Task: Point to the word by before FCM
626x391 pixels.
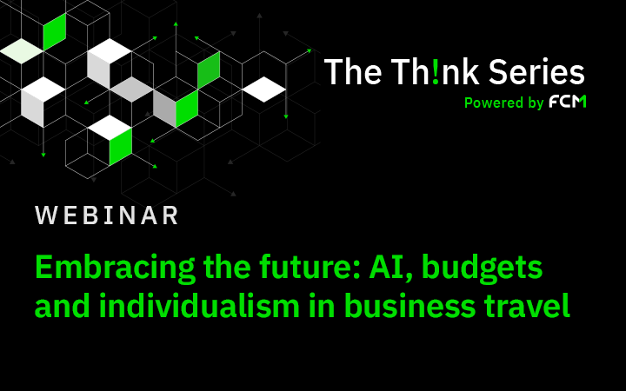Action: (536, 103)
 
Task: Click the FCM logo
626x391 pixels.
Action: (568, 102)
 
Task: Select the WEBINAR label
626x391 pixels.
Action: (107, 215)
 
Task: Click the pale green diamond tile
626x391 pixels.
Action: (21, 51)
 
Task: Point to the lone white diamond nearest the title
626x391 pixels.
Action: (264, 89)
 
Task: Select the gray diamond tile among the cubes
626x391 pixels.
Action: (131, 89)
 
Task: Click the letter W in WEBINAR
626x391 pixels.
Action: (47, 215)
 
